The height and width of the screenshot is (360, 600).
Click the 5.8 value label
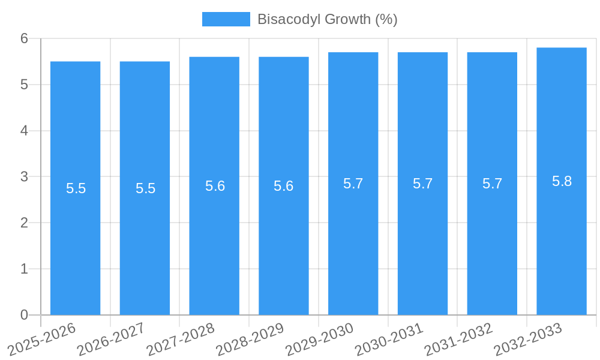click(x=562, y=181)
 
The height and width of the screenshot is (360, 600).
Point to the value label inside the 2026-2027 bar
click(x=145, y=188)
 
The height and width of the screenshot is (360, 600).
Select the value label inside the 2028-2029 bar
click(x=284, y=186)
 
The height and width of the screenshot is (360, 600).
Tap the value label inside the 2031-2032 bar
click(x=492, y=184)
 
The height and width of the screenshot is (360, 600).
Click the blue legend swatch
click(x=226, y=19)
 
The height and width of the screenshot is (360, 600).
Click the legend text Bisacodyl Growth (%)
click(x=327, y=19)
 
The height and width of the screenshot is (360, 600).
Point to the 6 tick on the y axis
click(x=24, y=38)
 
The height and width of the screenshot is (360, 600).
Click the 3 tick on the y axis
click(x=24, y=177)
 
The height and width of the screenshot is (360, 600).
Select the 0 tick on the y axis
click(x=24, y=315)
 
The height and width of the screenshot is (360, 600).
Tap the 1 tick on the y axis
click(x=24, y=269)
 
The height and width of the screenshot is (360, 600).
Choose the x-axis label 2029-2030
click(x=320, y=339)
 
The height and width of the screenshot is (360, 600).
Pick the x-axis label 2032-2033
click(x=528, y=339)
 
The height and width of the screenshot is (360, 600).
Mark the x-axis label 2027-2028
click(x=181, y=339)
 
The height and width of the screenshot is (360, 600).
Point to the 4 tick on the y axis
click(x=24, y=131)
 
